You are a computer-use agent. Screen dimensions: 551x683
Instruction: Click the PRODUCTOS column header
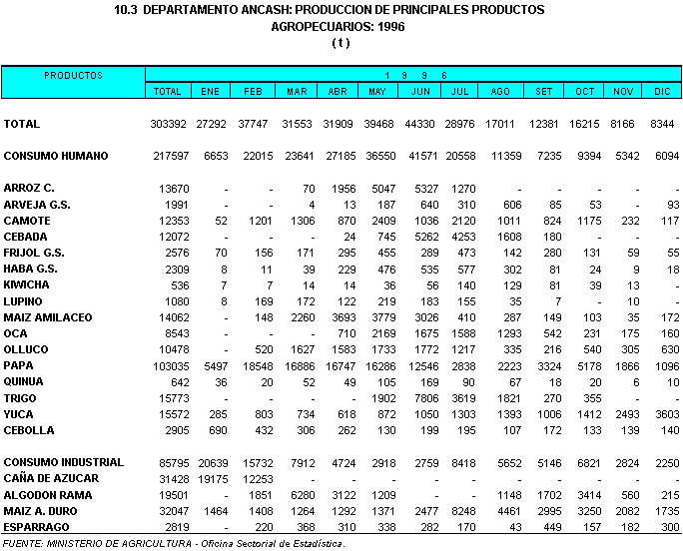click(73, 75)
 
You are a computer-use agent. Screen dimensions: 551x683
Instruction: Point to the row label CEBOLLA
click(27, 430)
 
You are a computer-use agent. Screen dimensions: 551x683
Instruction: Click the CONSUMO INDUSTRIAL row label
click(64, 462)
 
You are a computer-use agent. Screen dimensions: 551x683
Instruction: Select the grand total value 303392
click(167, 124)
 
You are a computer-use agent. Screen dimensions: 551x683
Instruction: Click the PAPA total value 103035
click(167, 366)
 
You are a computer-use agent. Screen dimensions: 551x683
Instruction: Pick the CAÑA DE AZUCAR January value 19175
click(208, 479)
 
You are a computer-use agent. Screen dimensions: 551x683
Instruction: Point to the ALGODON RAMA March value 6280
click(298, 495)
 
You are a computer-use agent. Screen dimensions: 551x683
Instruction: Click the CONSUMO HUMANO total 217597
click(167, 157)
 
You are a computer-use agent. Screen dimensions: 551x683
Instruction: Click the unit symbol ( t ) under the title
click(341, 43)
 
